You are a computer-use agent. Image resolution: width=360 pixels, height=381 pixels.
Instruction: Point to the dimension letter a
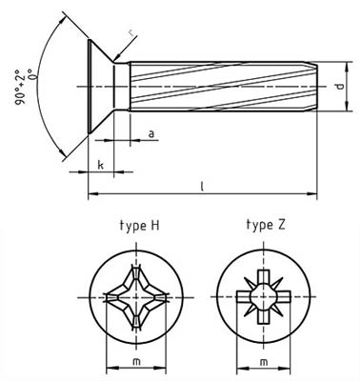coord(151,134)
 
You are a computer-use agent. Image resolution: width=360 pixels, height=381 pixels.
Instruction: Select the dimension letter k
coord(100,165)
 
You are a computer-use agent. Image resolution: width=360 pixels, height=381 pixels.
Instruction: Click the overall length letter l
coord(204,187)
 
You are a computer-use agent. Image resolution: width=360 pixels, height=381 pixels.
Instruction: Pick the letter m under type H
coord(135,363)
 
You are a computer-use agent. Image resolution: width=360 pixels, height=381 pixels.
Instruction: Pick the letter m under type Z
coord(263,363)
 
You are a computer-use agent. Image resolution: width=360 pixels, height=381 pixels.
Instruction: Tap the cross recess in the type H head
coord(135,298)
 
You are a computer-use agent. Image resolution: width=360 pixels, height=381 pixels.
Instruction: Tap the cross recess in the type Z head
coord(262,298)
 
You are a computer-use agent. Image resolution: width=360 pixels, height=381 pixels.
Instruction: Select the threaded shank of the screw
coord(219,88)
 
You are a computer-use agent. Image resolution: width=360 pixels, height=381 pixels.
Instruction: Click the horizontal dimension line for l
coord(204,195)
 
